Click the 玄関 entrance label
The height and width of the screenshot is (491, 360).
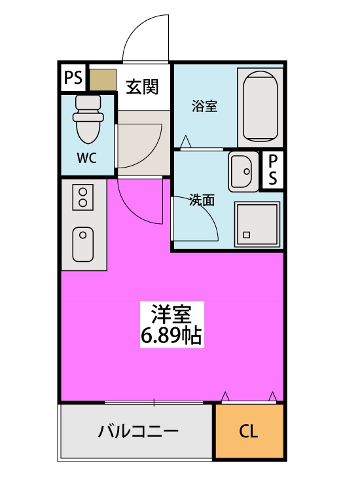[143, 86]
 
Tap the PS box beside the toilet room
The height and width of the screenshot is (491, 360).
[73, 79]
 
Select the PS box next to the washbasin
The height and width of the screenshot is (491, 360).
[272, 170]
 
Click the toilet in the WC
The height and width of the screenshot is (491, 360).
[88, 118]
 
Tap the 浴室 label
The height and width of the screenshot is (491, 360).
[204, 106]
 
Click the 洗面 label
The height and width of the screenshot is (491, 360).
[202, 200]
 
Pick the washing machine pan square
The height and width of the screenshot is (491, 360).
[258, 223]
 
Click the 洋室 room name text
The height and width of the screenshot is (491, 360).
[171, 314]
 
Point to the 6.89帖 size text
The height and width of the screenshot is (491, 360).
[171, 336]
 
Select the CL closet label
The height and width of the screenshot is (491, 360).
[248, 432]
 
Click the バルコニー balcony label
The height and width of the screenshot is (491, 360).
[138, 432]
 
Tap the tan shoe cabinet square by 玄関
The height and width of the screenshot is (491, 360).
[102, 79]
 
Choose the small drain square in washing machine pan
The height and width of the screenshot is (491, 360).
[247, 234]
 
